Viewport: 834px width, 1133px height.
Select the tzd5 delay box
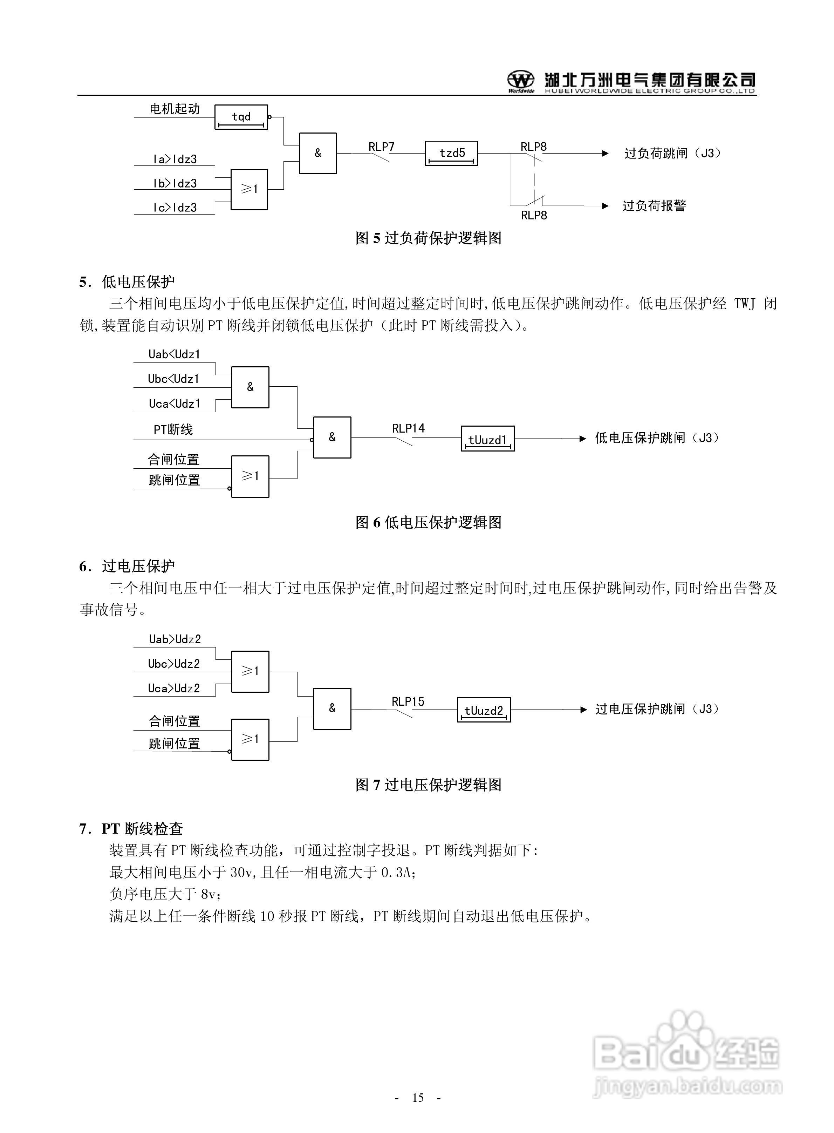click(x=451, y=154)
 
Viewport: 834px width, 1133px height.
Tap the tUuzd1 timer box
click(x=488, y=439)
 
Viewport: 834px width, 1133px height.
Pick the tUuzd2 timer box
click(x=484, y=710)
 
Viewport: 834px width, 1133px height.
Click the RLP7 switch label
click(x=381, y=147)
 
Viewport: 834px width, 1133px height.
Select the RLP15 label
click(x=408, y=701)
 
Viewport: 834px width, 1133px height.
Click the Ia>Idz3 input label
click(x=175, y=160)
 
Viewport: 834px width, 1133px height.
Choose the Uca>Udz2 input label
click(x=174, y=688)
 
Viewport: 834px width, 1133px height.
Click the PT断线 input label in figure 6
click(x=173, y=430)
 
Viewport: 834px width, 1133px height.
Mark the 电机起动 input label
click(x=175, y=109)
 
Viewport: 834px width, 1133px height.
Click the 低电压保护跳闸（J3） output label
click(x=657, y=438)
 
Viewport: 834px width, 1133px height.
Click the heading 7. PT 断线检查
click(x=131, y=829)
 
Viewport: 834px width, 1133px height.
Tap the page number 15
click(x=417, y=1098)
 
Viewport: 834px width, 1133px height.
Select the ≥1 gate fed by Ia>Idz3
click(x=249, y=189)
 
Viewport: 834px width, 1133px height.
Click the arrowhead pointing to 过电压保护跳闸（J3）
click(x=583, y=710)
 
